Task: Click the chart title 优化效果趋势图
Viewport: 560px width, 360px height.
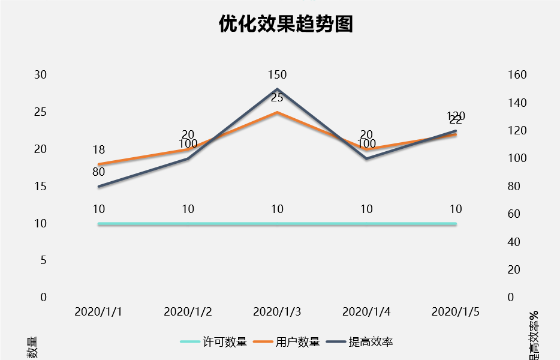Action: coord(286,23)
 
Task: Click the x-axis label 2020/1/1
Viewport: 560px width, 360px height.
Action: coord(98,312)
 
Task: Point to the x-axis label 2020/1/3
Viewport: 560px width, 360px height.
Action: coord(277,312)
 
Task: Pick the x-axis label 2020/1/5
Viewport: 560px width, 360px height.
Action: coord(456,312)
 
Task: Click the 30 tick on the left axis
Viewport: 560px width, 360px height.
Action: coord(40,75)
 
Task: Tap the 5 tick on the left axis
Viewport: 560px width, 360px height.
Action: coord(43,260)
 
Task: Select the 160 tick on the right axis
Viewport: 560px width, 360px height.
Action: coord(517,75)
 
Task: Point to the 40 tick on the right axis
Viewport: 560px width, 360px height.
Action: coord(514,242)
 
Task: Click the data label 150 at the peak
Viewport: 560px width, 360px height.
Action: coord(277,75)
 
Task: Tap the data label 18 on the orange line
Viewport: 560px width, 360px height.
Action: coord(99,150)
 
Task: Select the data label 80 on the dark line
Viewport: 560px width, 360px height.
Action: coord(99,172)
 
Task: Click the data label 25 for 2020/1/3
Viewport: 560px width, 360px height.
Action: coord(277,98)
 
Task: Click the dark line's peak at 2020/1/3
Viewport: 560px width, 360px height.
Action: coord(277,89)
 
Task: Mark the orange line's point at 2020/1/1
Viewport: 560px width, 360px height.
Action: coord(99,164)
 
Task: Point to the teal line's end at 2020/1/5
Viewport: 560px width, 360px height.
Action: coord(456,224)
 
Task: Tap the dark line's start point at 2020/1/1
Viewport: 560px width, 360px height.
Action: coord(99,187)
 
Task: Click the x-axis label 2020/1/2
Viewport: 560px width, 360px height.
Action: coord(188,312)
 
